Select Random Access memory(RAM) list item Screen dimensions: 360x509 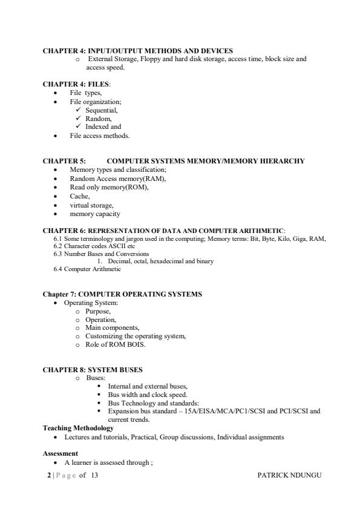(118, 179)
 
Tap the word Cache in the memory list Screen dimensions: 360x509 (80, 196)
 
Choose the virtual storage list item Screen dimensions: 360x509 (91, 205)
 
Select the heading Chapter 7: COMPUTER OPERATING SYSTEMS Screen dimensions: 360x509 (122, 294)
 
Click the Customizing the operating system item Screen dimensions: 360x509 (136, 336)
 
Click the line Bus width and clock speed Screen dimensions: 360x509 (148, 394)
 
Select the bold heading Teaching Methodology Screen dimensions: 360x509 (78, 428)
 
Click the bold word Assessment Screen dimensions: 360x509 (60, 453)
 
